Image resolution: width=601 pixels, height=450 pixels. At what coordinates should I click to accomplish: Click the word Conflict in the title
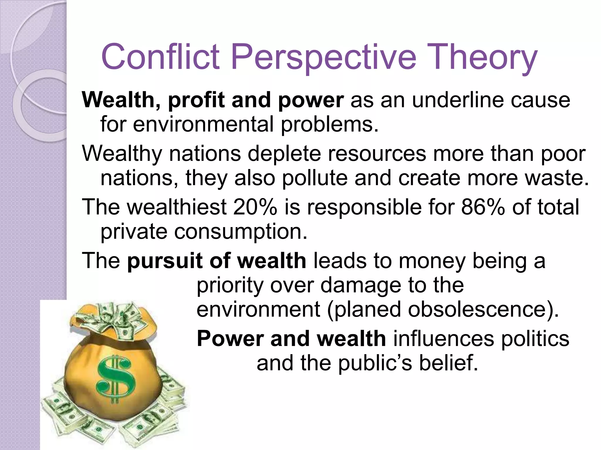[x=160, y=56]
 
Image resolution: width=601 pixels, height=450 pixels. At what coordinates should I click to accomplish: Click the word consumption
[x=241, y=231]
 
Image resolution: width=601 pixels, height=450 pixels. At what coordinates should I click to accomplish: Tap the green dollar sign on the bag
[x=116, y=378]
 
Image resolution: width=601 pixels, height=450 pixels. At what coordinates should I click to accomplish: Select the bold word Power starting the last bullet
[x=230, y=339]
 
